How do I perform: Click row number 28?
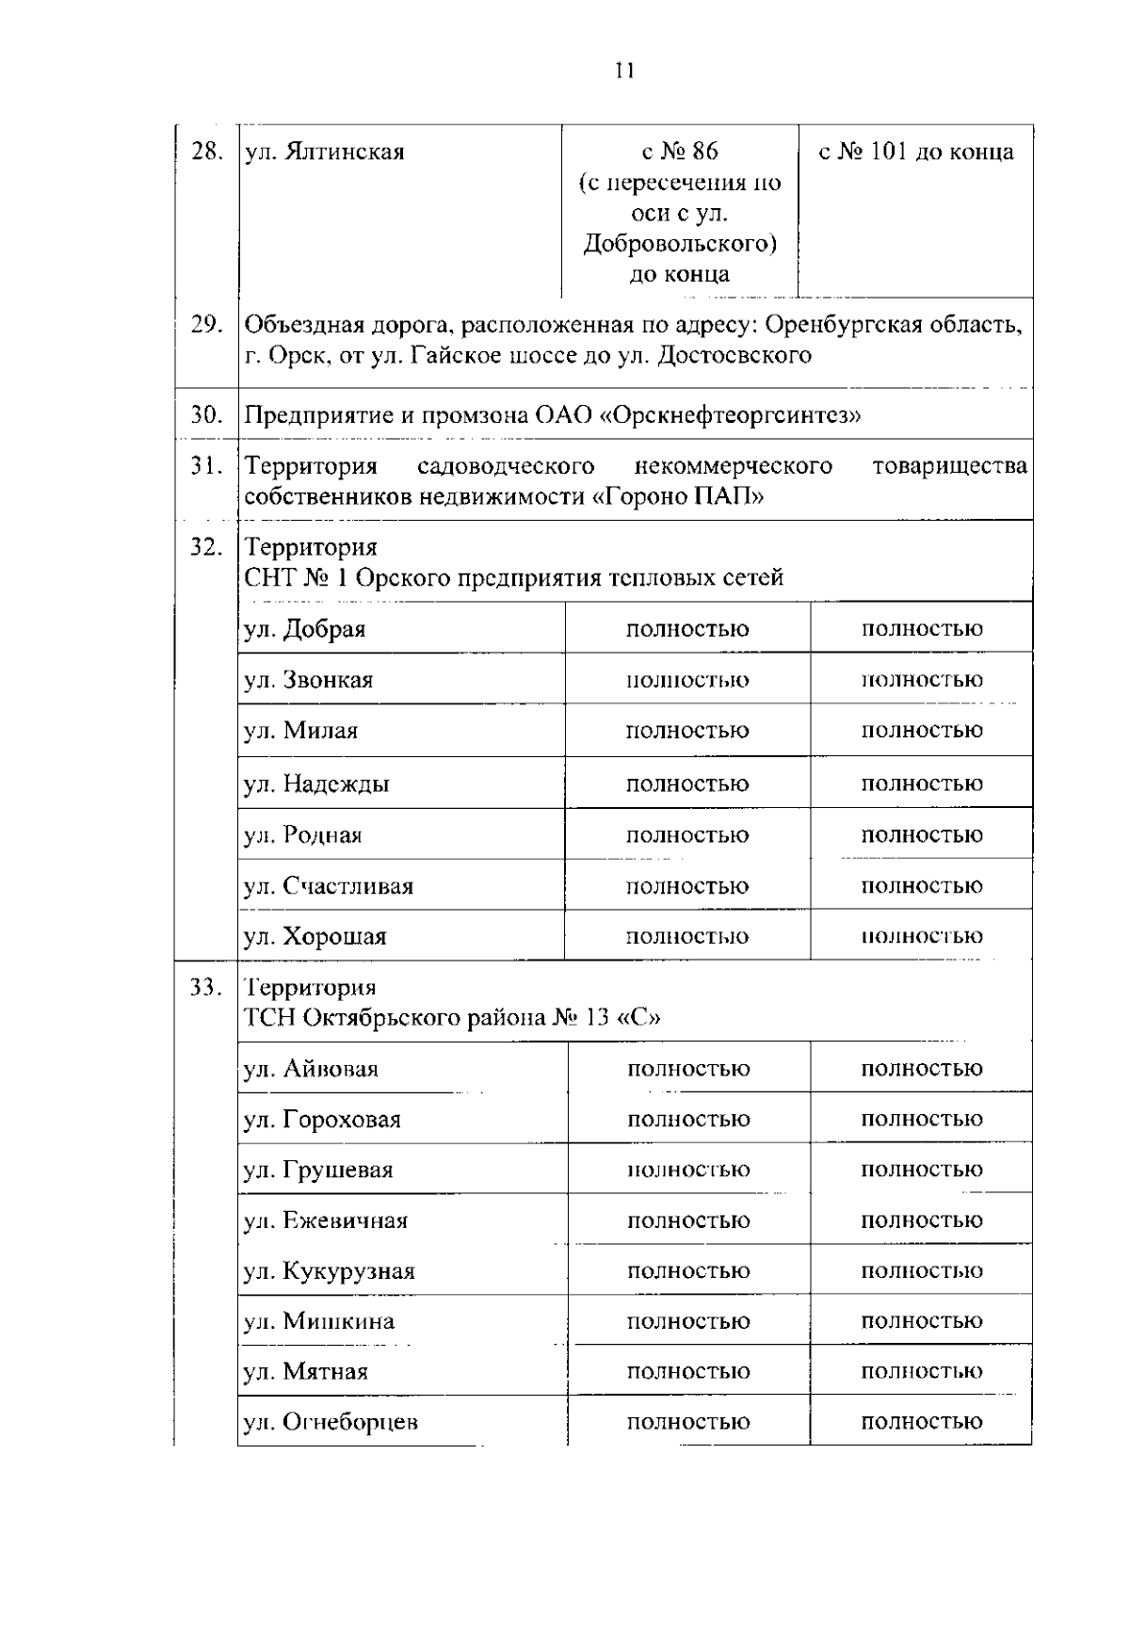click(x=206, y=152)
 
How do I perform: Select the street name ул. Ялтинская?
click(x=325, y=152)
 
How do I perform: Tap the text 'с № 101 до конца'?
click(x=915, y=152)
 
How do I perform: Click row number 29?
click(x=206, y=325)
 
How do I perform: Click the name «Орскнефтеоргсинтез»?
click(x=730, y=415)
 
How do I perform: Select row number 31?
click(x=206, y=466)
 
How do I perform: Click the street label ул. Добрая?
click(x=305, y=629)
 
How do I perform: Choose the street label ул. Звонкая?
click(x=309, y=680)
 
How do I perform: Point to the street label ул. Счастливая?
click(x=329, y=886)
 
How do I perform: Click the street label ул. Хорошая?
click(x=315, y=937)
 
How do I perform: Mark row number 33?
click(x=206, y=988)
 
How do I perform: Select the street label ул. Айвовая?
click(x=312, y=1070)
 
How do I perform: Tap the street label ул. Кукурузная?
click(x=330, y=1271)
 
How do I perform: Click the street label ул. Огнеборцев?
click(x=331, y=1423)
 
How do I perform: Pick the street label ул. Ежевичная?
click(x=326, y=1221)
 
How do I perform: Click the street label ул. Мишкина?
click(x=319, y=1321)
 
